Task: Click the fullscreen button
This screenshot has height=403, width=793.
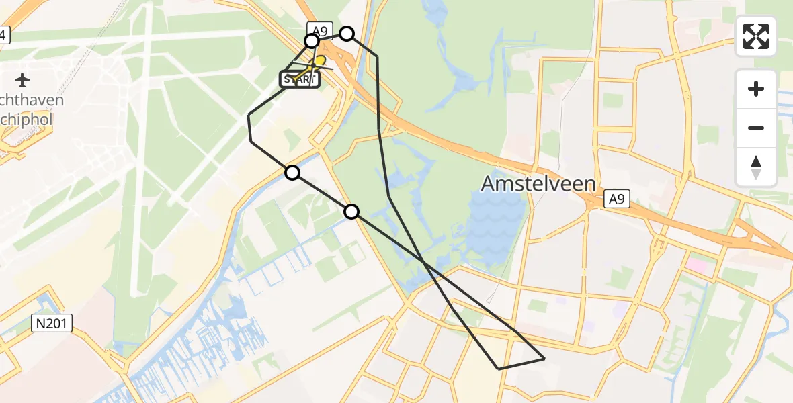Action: pos(756,36)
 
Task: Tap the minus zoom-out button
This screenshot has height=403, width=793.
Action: pos(756,128)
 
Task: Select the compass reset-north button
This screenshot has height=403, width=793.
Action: pos(756,167)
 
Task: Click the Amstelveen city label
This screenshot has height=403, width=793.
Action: pos(538,183)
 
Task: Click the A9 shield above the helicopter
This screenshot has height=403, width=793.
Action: pos(319,29)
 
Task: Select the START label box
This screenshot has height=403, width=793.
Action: pos(299,79)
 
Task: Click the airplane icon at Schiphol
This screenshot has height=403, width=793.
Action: pos(22,81)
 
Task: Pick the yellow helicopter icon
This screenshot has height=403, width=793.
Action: pos(319,64)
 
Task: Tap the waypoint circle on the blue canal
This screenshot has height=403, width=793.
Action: pos(292,173)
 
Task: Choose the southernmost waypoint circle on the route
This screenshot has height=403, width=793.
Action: pos(351,212)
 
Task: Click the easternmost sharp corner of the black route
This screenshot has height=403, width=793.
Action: pos(544,359)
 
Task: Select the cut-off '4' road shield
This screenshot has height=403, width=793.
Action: pos(4,35)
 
